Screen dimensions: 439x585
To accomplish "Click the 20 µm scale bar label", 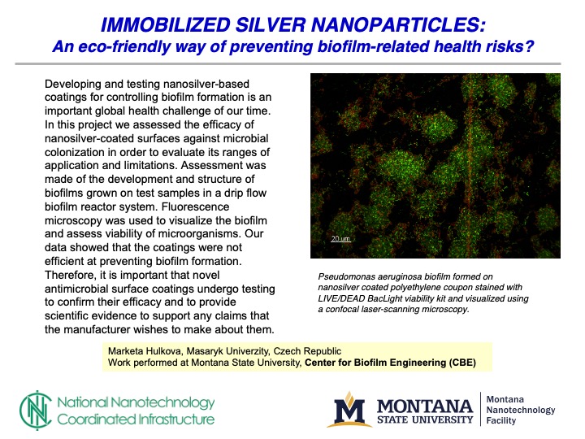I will pos(339,239).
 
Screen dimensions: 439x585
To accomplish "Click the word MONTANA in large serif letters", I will pos(425,406).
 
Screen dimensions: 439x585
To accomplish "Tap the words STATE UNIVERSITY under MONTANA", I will pos(425,420).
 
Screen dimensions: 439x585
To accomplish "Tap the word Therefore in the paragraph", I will pos(73,276).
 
